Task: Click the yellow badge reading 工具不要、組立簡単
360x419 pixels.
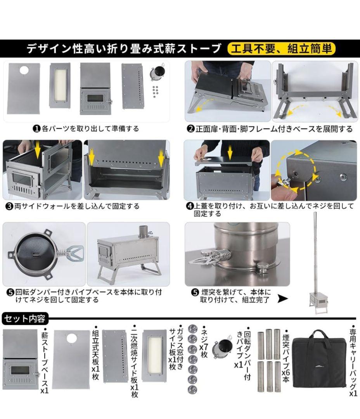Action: point(281,49)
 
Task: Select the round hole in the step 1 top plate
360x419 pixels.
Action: point(24,70)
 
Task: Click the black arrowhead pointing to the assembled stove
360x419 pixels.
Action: point(283,299)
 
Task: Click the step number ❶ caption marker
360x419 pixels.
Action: point(36,128)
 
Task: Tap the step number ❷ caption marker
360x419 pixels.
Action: point(190,129)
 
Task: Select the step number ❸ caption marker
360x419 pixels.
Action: point(9,206)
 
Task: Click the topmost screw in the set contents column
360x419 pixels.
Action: point(192,329)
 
